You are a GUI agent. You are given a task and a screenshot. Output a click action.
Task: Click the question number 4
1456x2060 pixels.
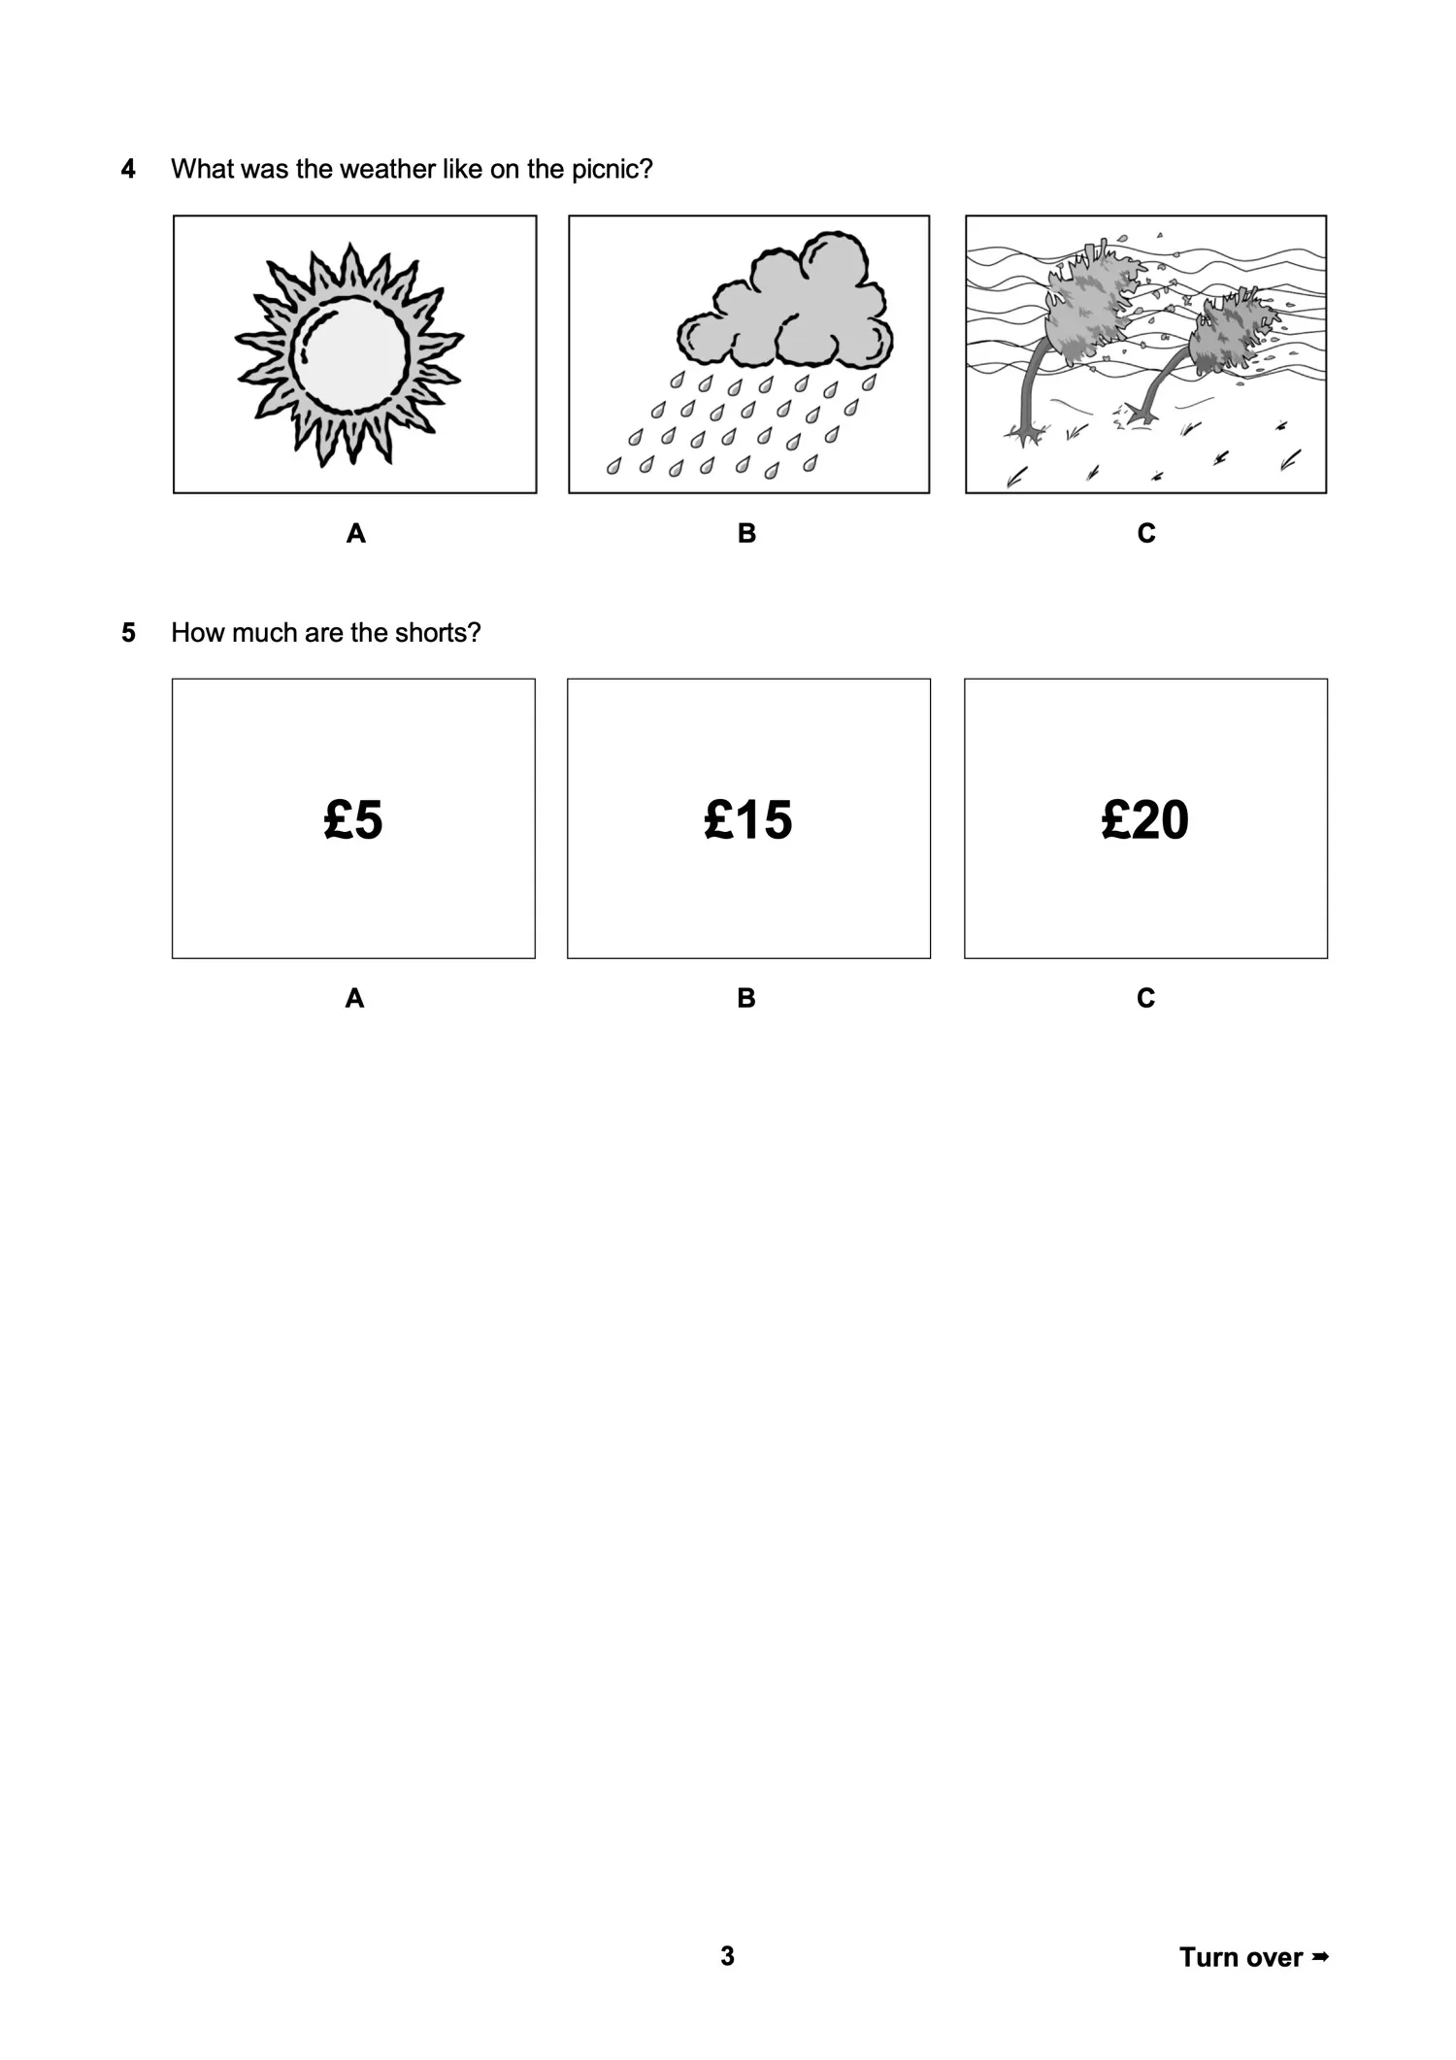pos(128,170)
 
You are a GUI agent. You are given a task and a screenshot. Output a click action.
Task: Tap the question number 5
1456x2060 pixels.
pos(128,633)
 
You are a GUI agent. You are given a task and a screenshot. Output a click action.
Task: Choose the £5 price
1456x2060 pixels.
pos(353,819)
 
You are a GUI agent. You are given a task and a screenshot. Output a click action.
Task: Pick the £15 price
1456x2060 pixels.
pos(747,819)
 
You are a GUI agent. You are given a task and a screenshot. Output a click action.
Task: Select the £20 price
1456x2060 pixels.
pos(1144,819)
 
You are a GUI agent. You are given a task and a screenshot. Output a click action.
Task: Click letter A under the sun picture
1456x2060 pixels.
pos(355,533)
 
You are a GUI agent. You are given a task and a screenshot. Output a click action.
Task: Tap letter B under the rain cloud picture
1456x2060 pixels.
pos(746,533)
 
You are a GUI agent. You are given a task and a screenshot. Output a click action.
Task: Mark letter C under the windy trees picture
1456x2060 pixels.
pos(1145,533)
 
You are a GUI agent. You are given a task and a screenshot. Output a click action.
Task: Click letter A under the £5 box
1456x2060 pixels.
pos(354,998)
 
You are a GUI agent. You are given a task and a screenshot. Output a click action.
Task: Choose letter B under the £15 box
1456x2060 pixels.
pos(745,998)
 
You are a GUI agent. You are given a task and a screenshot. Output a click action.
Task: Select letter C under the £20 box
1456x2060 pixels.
pos(1145,998)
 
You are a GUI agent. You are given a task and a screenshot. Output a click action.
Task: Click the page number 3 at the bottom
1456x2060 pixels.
pos(727,1956)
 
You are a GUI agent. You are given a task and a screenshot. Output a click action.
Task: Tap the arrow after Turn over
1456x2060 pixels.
pos(1318,1956)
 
